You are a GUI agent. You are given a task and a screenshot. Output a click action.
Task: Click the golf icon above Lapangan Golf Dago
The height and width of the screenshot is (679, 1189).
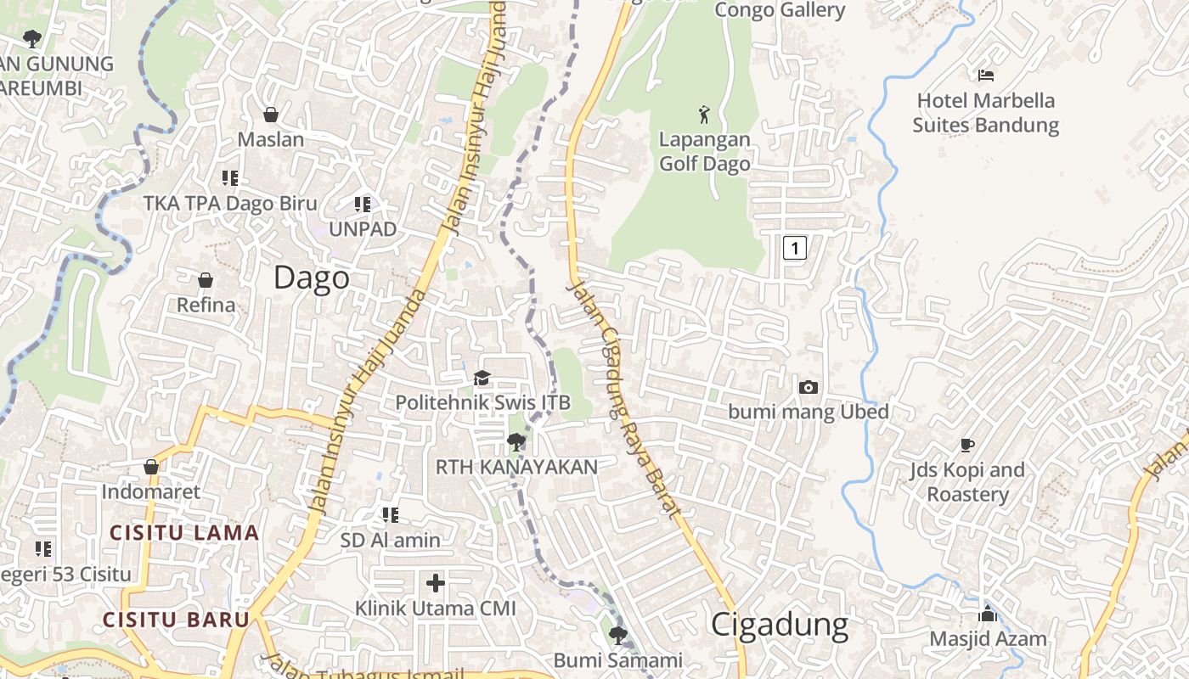[704, 113]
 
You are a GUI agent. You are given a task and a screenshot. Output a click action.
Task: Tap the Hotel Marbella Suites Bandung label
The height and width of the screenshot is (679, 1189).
[985, 113]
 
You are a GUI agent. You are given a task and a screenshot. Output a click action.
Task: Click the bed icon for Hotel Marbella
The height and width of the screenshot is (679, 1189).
[985, 76]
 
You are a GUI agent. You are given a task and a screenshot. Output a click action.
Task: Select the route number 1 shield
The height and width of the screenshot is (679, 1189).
[794, 248]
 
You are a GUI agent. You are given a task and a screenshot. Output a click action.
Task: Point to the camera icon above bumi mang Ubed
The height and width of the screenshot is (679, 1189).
[809, 387]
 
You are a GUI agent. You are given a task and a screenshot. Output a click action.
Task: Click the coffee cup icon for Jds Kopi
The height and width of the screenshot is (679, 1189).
[966, 445]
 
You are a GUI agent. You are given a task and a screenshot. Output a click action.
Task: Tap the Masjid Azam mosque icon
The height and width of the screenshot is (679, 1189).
[988, 614]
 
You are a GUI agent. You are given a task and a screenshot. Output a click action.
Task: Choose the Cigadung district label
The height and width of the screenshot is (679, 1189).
[779, 625]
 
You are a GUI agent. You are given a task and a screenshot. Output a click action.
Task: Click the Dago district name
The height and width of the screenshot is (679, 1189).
[312, 278]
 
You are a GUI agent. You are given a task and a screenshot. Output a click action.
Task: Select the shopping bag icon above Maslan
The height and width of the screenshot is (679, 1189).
[271, 114]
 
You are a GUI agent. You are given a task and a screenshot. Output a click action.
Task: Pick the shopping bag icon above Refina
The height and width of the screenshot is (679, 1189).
[205, 279]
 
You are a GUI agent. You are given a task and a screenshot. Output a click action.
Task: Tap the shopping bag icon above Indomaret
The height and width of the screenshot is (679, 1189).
[151, 467]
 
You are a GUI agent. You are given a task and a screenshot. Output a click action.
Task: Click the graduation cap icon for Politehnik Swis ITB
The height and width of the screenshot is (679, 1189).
[482, 378]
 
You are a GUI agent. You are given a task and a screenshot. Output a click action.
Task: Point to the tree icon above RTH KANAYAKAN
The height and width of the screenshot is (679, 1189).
[516, 441]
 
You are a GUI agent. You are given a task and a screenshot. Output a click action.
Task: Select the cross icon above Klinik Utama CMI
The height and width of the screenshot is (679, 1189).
[436, 582]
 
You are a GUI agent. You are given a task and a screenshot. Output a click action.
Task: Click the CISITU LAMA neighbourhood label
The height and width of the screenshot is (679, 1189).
[184, 533]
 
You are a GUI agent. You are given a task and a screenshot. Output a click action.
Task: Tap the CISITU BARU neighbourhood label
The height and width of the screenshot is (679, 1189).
[176, 619]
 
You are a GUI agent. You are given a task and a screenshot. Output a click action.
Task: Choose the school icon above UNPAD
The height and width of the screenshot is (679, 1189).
[363, 204]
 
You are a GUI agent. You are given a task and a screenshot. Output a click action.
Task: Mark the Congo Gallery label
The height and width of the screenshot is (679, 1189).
[780, 10]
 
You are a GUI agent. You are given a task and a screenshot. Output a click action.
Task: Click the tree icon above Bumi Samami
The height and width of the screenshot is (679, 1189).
[618, 635]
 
